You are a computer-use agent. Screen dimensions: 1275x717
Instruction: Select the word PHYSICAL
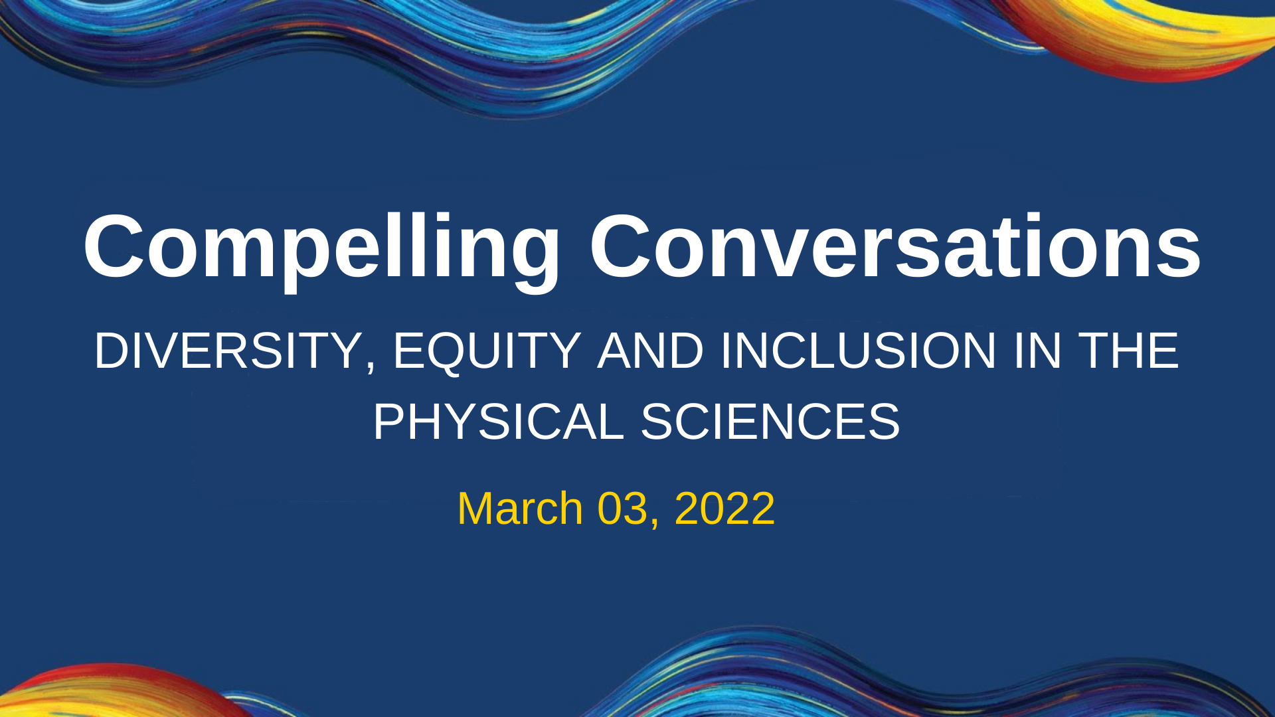click(x=499, y=422)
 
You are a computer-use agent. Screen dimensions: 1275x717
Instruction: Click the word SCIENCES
click(x=770, y=422)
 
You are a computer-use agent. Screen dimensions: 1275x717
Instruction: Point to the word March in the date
click(x=520, y=509)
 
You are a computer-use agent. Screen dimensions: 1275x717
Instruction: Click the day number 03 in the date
click(x=622, y=509)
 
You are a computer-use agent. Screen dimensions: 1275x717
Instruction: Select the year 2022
click(x=724, y=509)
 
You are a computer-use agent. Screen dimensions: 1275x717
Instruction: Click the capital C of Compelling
click(x=116, y=246)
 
